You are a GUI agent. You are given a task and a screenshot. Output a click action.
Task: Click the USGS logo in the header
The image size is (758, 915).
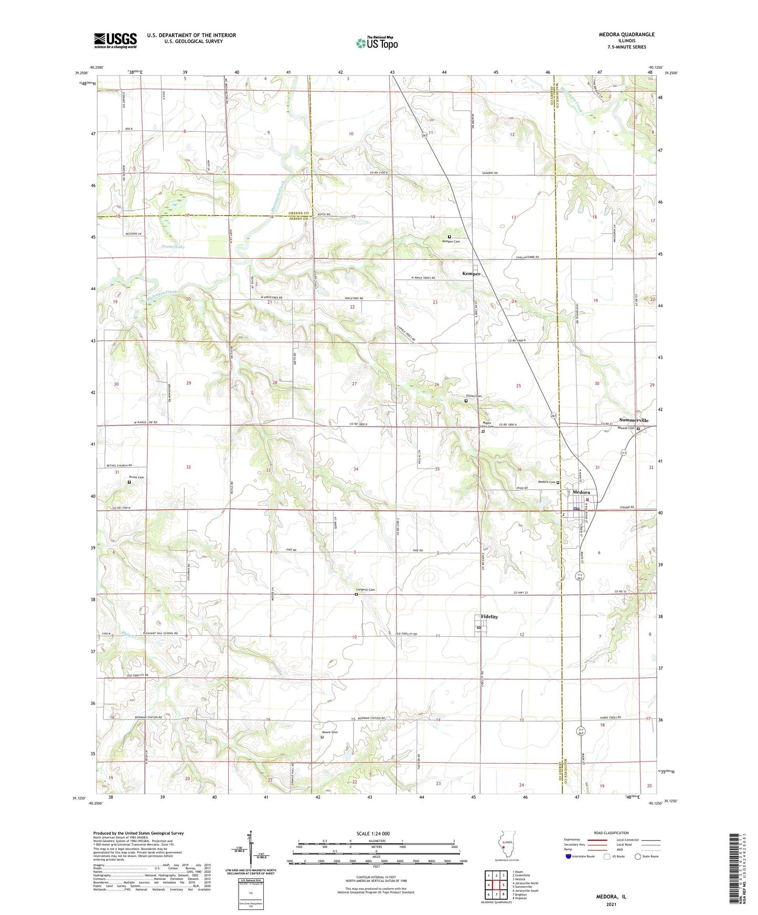pyautogui.click(x=115, y=40)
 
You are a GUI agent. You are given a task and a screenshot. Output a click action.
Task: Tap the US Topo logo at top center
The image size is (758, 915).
pyautogui.click(x=377, y=43)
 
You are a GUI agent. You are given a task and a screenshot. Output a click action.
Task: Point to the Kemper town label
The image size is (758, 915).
pyautogui.click(x=471, y=274)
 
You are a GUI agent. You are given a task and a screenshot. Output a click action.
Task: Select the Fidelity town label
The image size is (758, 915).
pyautogui.click(x=489, y=617)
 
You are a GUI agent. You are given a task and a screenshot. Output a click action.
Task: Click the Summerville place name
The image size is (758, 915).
pyautogui.click(x=634, y=420)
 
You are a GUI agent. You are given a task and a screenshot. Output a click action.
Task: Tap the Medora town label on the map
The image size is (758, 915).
pyautogui.click(x=581, y=493)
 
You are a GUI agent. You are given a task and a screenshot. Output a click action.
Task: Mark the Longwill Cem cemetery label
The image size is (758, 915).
pyautogui.click(x=365, y=590)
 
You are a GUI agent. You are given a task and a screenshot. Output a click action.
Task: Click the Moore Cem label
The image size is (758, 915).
pyautogui.click(x=330, y=732)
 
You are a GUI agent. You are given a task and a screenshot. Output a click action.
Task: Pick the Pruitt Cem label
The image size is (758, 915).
pyautogui.click(x=136, y=477)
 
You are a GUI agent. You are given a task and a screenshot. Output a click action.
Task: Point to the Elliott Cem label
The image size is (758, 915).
pyautogui.click(x=474, y=396)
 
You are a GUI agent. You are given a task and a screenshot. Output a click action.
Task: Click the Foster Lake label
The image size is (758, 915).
pyautogui.click(x=173, y=246)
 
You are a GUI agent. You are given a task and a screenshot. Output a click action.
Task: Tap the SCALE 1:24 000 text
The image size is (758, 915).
pyautogui.click(x=373, y=834)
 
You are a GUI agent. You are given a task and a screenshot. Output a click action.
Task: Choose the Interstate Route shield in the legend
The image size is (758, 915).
pyautogui.click(x=569, y=856)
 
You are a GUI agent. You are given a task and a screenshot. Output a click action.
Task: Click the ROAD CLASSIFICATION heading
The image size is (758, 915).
pyautogui.click(x=611, y=833)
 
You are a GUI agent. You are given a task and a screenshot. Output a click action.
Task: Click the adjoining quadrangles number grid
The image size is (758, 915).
pyautogui.click(x=496, y=885)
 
